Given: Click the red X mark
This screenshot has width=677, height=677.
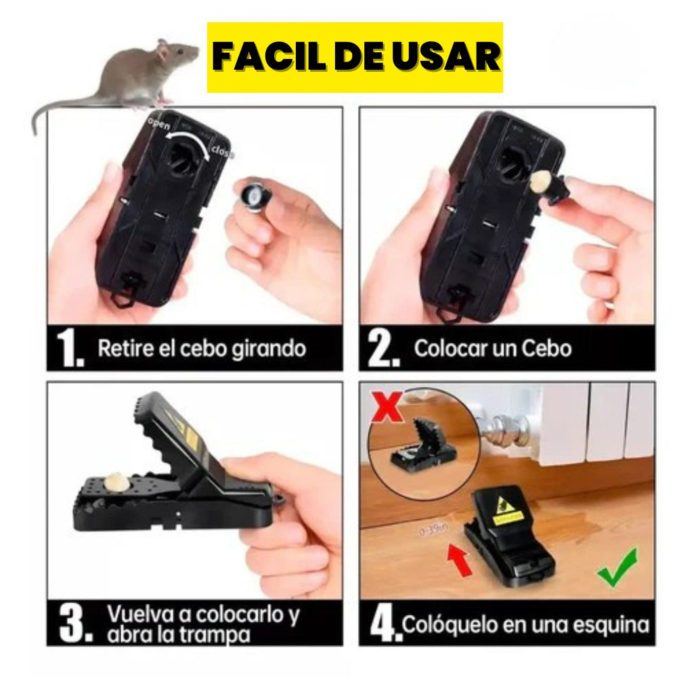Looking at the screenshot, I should coord(387,409).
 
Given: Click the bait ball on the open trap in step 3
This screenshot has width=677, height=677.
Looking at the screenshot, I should coord(112,482).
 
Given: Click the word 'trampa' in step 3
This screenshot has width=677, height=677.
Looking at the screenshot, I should coord(216,635).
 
